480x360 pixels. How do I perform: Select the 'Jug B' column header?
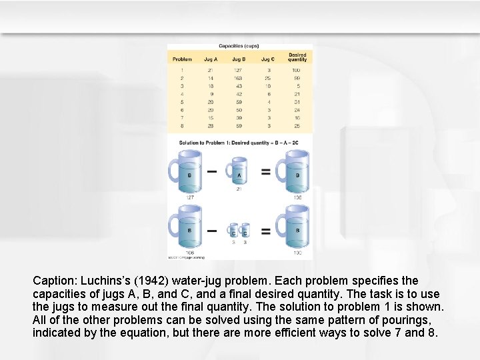pyautogui.click(x=239, y=59)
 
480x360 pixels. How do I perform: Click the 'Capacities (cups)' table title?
pyautogui.click(x=239, y=47)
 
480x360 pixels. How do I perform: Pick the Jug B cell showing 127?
pyautogui.click(x=239, y=69)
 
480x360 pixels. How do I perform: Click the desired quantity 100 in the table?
pyautogui.click(x=296, y=69)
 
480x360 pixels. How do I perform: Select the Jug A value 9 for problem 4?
pyautogui.click(x=211, y=94)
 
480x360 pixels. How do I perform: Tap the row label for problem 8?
pyautogui.click(x=181, y=126)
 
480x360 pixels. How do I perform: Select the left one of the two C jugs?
pyautogui.click(x=233, y=231)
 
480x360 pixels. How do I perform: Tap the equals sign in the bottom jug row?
pyautogui.click(x=265, y=231)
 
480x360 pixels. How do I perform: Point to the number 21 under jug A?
pyautogui.click(x=238, y=189)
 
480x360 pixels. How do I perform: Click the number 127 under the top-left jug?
pyautogui.click(x=189, y=197)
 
